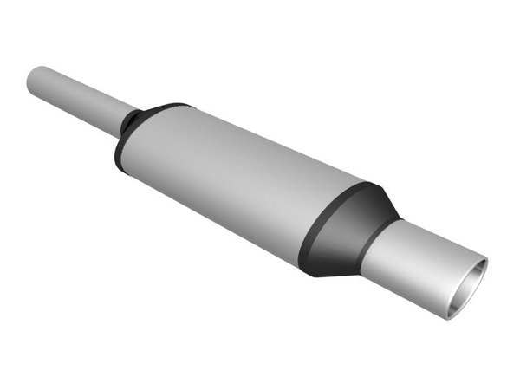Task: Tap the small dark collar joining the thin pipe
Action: tap(130, 124)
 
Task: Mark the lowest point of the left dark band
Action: tap(121, 169)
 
